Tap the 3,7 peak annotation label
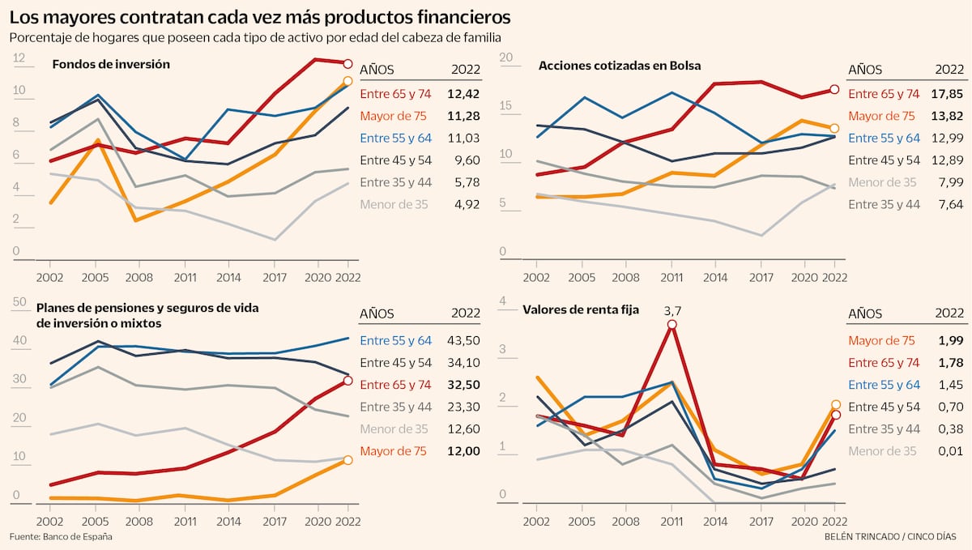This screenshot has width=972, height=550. (672, 309)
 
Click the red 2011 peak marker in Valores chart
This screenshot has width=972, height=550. (672, 325)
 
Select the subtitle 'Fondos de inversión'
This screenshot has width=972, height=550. (111, 64)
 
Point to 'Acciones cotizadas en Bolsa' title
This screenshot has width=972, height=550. (620, 66)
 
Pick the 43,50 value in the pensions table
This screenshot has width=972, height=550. (464, 341)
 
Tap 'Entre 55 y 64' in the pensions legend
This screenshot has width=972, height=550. (396, 341)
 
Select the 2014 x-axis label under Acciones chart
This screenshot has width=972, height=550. (714, 276)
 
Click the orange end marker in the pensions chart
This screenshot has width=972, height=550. (348, 460)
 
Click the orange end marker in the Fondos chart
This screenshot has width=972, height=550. (348, 81)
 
